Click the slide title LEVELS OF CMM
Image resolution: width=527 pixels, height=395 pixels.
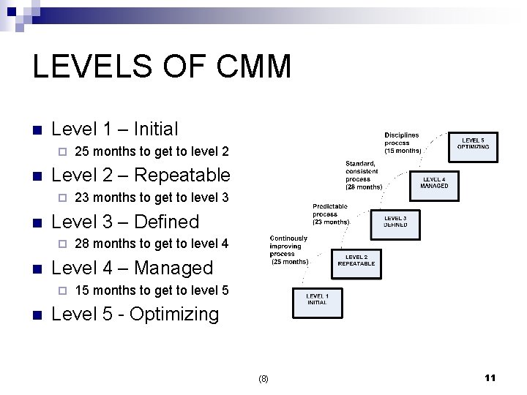coord(162,67)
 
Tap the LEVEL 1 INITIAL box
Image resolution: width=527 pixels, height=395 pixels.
coord(317,299)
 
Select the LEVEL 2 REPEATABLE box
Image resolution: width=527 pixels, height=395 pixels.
coord(356,260)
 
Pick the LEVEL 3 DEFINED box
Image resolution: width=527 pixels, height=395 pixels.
coord(395,222)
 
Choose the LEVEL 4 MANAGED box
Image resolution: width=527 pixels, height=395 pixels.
coord(434,183)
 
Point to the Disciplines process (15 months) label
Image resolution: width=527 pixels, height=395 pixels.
coord(403,143)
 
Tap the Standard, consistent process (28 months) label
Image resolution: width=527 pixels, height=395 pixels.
coord(364,175)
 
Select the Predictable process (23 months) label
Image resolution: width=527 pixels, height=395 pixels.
coord(330,214)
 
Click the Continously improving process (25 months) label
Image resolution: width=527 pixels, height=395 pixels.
coord(289,249)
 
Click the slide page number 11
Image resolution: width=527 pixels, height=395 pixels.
coord(490,377)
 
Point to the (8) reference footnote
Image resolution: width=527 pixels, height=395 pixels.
coord(263,379)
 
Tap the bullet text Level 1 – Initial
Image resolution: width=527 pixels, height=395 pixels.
coord(115,129)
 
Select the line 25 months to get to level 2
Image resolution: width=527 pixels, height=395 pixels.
coord(152,152)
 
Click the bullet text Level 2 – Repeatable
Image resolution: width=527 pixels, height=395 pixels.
coord(141,176)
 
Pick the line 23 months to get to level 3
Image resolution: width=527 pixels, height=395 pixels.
coord(152,197)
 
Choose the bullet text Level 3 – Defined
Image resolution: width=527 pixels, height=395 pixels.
coord(126,222)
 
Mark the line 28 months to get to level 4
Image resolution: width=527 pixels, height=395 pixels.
coord(152,244)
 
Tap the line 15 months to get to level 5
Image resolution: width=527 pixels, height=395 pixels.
coord(152,290)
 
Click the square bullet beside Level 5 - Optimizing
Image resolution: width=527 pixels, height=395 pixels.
coord(37,315)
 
